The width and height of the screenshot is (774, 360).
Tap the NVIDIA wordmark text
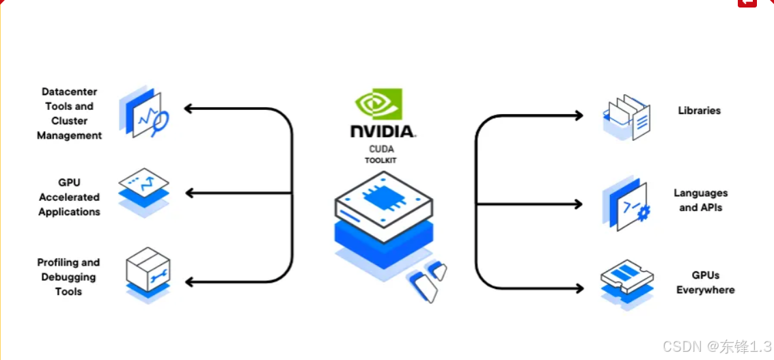[x=383, y=131]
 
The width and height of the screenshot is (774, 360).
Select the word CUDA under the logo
[x=381, y=149]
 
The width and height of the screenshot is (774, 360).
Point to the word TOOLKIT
[x=381, y=161]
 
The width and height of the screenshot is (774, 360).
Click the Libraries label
[x=699, y=111]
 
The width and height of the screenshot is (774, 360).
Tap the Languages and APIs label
[x=700, y=200]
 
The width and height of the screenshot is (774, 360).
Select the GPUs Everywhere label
[x=705, y=283]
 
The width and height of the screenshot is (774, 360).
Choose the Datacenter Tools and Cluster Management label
[x=69, y=113]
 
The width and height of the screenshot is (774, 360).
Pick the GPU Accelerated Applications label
[x=69, y=197]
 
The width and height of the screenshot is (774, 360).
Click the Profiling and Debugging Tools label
[x=68, y=277]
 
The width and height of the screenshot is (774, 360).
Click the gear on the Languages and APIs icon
[x=642, y=214]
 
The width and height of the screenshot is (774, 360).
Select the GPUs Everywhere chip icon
[x=626, y=277]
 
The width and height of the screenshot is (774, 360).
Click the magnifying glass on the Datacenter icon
[x=161, y=122]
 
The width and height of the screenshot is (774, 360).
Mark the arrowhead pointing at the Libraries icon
[x=579, y=115]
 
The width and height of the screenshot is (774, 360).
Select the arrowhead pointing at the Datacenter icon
[x=188, y=108]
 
